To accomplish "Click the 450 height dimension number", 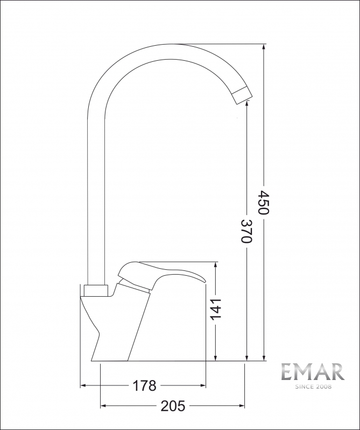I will [263, 202].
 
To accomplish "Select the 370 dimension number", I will [246, 231].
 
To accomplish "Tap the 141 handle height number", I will [215, 310].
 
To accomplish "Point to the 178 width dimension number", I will [144, 385].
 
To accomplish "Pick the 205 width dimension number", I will [173, 406].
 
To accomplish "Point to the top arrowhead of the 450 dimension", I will [264, 47].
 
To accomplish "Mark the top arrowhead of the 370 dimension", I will [246, 104].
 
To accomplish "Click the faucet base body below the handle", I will [124, 328].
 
